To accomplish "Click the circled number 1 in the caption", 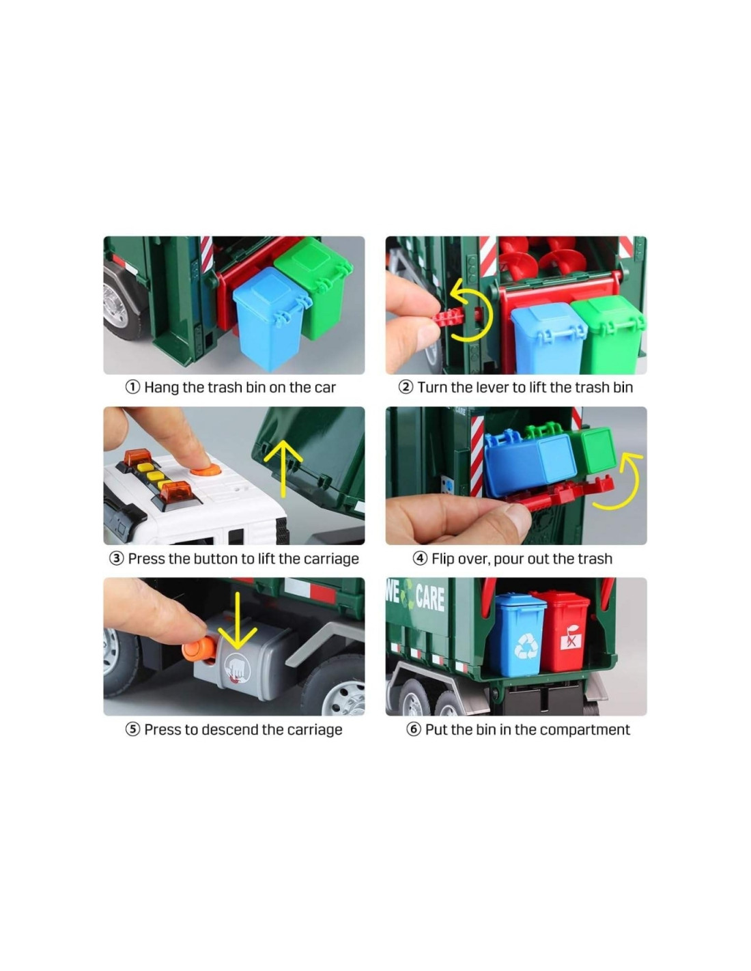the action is click(x=132, y=387).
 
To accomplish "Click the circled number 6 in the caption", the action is click(x=413, y=730).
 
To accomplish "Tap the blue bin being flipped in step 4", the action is click(x=528, y=461).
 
